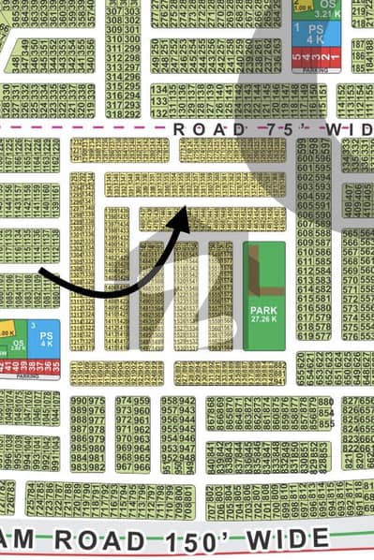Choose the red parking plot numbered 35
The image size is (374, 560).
point(54,365)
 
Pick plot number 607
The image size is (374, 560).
point(306,223)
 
